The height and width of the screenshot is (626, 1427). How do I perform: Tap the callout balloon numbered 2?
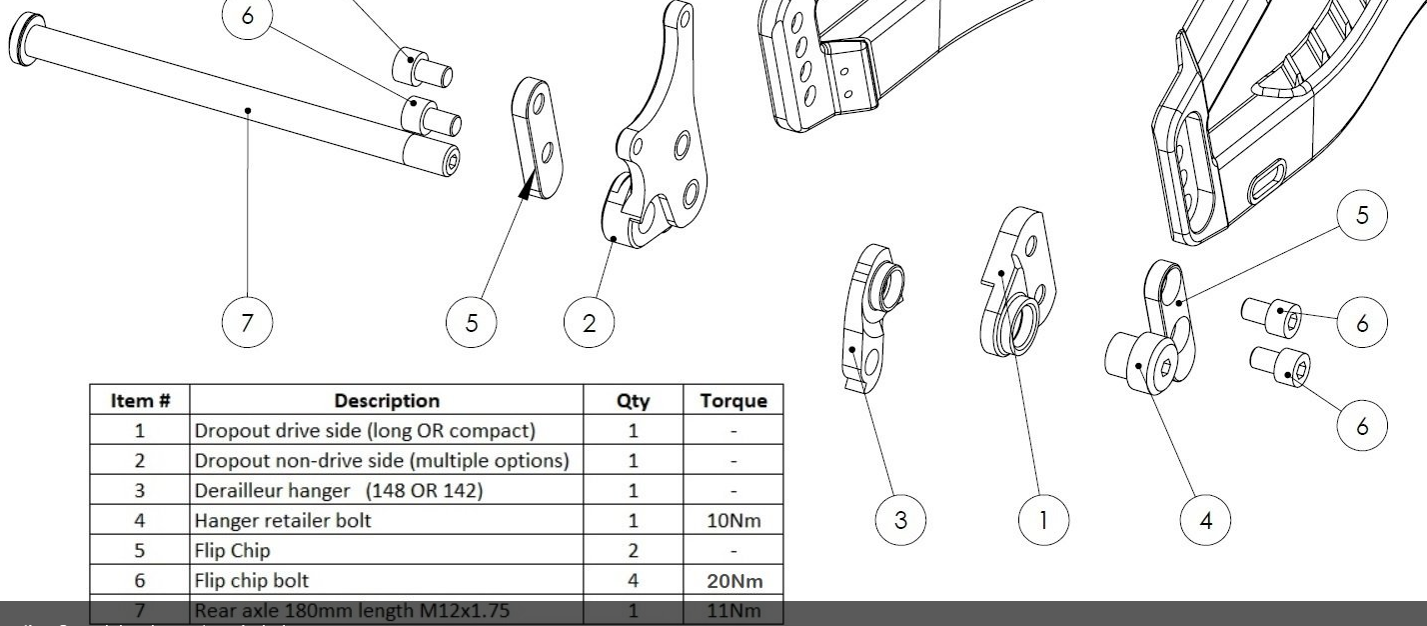tap(589, 322)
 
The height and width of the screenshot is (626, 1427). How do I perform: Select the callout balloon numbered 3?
tap(901, 520)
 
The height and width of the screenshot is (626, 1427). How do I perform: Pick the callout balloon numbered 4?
tap(1207, 520)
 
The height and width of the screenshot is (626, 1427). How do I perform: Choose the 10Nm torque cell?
tap(733, 520)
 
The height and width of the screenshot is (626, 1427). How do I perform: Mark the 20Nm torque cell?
tap(733, 579)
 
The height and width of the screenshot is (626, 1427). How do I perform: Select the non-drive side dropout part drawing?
tap(660, 150)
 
